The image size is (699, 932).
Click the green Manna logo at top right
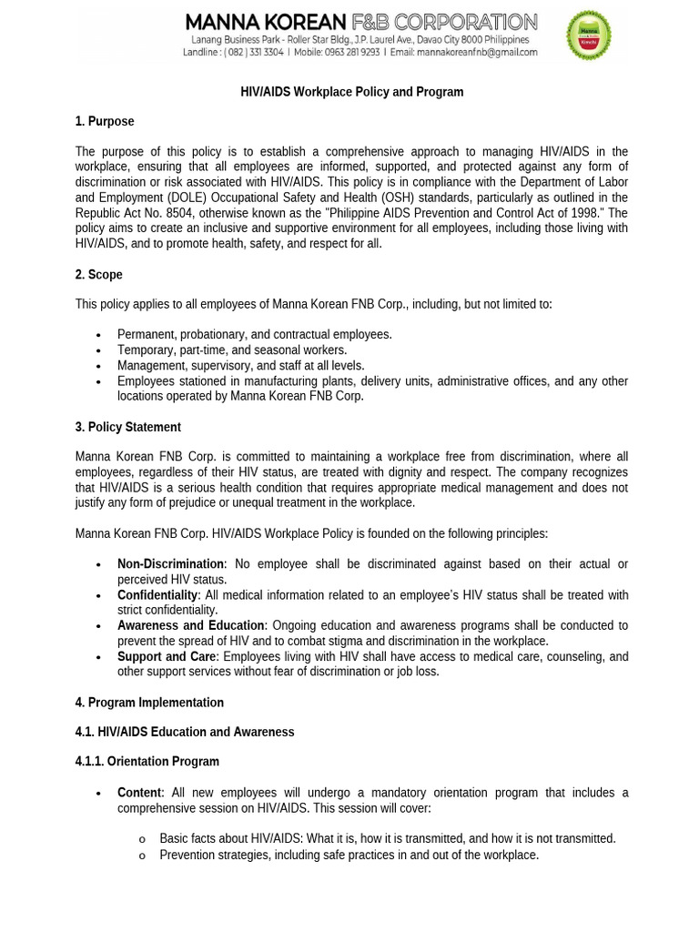[x=588, y=35]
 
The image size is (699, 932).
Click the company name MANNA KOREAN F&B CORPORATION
[x=361, y=22]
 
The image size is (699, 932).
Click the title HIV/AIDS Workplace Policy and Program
[x=351, y=92]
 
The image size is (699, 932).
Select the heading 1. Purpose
[x=105, y=121]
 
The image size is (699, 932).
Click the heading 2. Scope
[x=98, y=274]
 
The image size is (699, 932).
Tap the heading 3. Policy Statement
[x=127, y=427]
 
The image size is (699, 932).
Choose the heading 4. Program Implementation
[x=149, y=703]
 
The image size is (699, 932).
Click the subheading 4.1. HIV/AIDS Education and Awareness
[x=185, y=732]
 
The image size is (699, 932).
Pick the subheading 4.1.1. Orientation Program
[x=147, y=761]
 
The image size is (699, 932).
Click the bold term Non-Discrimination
[x=170, y=564]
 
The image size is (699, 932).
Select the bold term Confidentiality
[x=157, y=595]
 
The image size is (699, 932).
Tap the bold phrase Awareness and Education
[x=191, y=626]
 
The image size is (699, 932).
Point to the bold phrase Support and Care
[x=167, y=656]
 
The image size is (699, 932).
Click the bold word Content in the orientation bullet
[x=139, y=793]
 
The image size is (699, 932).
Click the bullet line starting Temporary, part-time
[x=232, y=350]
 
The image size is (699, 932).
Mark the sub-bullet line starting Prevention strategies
[x=349, y=855]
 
